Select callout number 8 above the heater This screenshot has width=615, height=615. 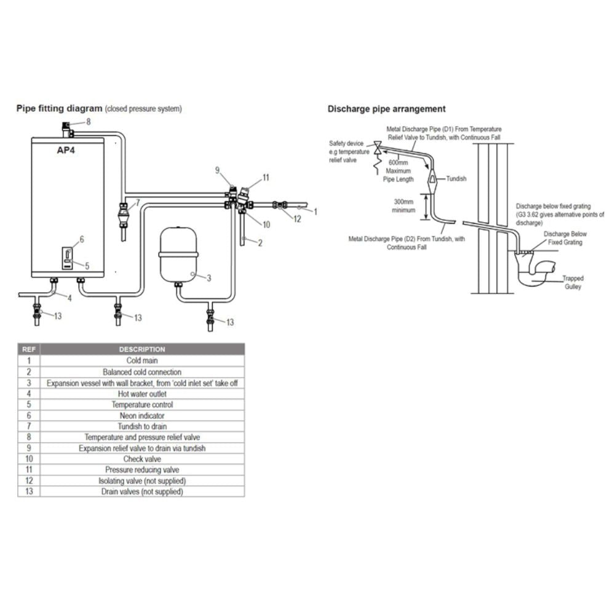89,122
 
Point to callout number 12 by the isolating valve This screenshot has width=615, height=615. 298,220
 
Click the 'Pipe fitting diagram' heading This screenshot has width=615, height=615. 59,109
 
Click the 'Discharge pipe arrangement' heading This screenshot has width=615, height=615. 386,109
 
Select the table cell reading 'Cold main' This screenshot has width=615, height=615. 142,361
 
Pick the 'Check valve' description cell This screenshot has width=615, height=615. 142,459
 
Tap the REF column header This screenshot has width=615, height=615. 29,349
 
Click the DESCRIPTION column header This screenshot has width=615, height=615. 142,349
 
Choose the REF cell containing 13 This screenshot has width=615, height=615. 29,491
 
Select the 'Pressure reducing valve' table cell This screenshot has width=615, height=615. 142,470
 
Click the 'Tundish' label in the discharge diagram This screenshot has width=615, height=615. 456,179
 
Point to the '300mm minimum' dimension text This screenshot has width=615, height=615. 404,205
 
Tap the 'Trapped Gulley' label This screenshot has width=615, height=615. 573,283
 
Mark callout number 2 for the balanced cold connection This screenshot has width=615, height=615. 261,243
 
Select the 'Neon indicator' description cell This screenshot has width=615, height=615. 142,416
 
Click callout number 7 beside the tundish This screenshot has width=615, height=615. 138,202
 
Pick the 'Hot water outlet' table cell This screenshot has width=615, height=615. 142,394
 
